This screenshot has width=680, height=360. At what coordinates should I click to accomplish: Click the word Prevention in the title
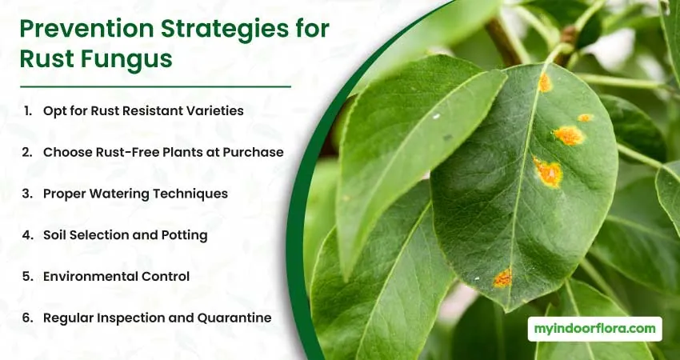tap(86, 30)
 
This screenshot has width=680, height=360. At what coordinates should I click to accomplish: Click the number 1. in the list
tap(28, 110)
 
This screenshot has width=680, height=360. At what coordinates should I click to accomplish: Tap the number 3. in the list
tap(27, 194)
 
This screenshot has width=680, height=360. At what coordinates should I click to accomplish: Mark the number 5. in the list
tap(28, 276)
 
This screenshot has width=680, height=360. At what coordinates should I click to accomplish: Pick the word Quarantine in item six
tap(234, 318)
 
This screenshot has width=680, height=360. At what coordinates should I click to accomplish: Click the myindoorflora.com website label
tap(594, 329)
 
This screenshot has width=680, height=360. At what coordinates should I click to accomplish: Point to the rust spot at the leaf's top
tap(545, 82)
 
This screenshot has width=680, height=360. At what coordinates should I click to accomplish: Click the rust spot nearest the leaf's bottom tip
tap(502, 278)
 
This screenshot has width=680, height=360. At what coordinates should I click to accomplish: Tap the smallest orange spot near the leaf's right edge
tap(585, 118)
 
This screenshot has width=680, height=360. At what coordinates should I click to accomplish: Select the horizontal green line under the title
tap(155, 86)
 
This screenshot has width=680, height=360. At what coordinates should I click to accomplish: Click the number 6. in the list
tap(28, 318)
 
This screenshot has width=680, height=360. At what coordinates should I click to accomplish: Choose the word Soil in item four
tap(54, 235)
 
